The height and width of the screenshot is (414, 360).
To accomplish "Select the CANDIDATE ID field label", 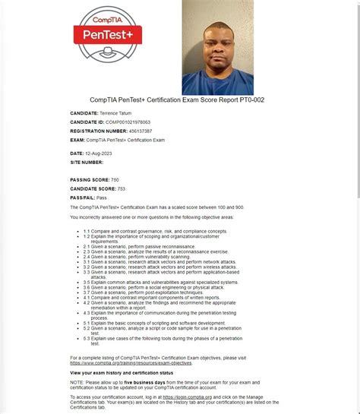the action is click(87, 122).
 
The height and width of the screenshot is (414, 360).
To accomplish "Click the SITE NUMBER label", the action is click(87, 162).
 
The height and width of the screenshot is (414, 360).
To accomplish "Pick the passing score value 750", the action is click(115, 179).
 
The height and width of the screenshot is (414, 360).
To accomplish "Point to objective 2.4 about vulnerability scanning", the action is click(137, 256).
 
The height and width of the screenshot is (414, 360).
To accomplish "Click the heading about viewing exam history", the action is click(122, 373).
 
